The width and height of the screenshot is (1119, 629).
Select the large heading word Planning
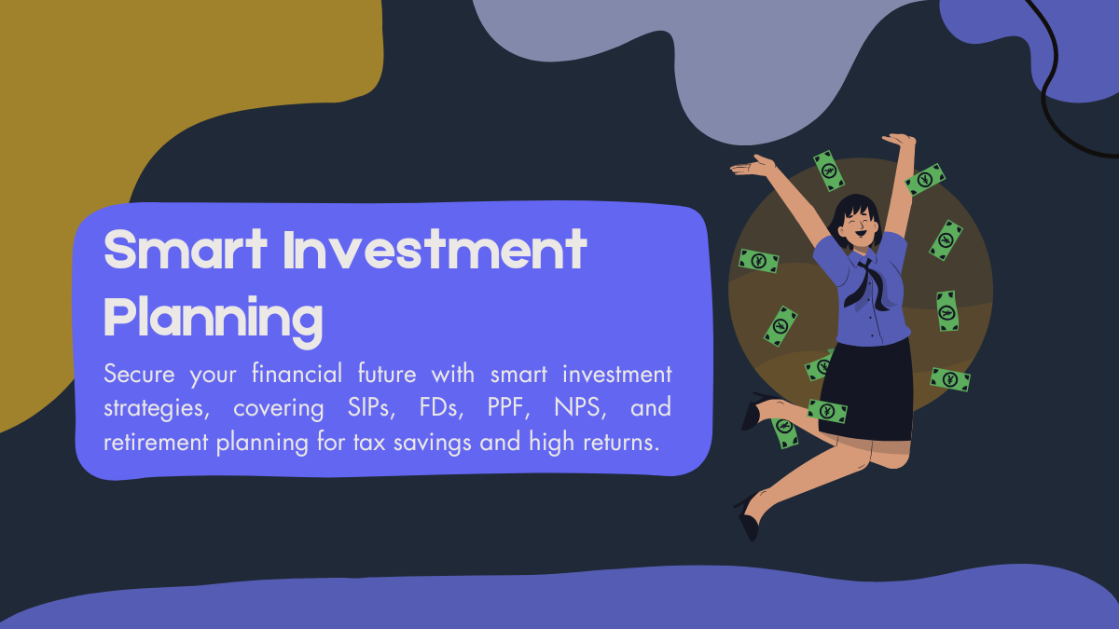(x=213, y=317)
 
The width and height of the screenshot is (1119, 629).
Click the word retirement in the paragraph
(x=155, y=442)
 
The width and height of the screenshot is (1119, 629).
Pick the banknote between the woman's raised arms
(x=829, y=171)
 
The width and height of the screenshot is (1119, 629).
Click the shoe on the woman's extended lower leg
(x=749, y=522)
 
